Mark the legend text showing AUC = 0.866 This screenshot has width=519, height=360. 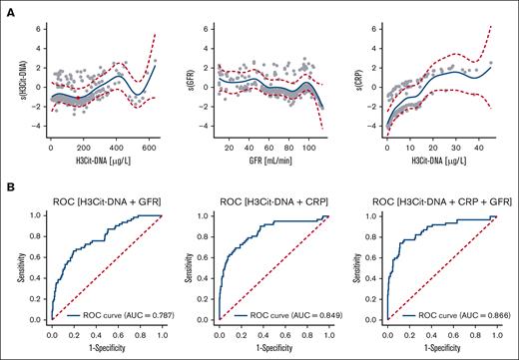[x=444, y=315]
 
